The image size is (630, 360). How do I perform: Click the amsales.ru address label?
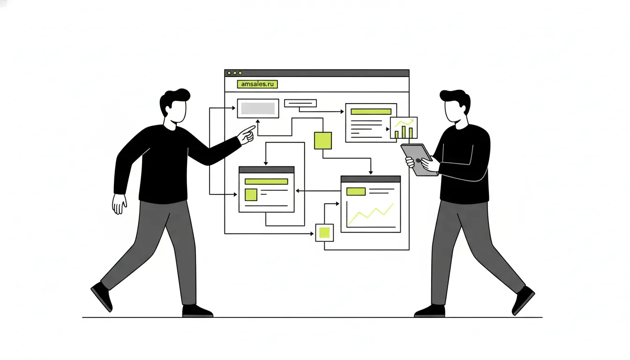click(257, 84)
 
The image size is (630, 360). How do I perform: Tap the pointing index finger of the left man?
click(249, 129)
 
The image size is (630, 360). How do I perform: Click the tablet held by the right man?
click(419, 160)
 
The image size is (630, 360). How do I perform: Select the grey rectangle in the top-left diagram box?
click(258, 108)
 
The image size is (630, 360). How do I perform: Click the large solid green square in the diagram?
click(323, 141)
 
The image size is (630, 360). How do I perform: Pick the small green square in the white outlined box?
click(324, 233)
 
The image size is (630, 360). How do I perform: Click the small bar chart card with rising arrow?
click(404, 127)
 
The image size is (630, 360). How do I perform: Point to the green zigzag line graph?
click(371, 214)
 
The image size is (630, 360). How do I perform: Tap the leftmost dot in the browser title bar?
click(229, 73)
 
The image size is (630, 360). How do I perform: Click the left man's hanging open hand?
click(119, 203)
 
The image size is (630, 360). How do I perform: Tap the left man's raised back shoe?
click(102, 296)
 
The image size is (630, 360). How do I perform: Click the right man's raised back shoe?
click(523, 300)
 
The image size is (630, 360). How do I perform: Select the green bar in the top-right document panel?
click(371, 112)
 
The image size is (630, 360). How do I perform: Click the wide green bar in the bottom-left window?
click(266, 181)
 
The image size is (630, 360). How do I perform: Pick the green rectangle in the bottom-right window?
click(356, 192)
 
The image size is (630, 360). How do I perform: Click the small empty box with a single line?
click(300, 103)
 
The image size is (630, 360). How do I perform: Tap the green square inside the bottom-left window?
click(251, 195)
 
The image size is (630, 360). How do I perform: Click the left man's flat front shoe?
click(197, 311)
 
